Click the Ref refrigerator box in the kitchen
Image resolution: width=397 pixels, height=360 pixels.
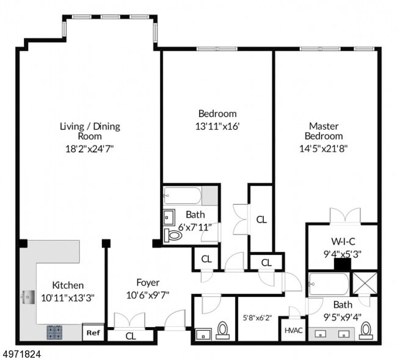93,332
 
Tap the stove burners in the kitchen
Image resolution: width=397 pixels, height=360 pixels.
54,332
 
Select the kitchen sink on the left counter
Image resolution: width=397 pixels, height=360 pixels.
28,298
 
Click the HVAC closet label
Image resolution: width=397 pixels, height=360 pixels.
293,331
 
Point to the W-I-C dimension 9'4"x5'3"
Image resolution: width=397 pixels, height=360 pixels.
343,254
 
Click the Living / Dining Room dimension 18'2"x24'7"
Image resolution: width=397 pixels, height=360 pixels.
90,149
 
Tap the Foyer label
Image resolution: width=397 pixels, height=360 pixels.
148,282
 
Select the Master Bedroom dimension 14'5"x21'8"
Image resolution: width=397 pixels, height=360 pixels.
323,148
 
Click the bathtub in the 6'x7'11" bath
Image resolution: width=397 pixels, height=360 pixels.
182,196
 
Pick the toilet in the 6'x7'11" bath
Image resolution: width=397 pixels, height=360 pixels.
173,235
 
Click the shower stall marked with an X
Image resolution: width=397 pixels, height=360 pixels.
365,283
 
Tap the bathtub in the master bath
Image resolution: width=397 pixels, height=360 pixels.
329,284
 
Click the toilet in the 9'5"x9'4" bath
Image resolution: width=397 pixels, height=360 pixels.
366,331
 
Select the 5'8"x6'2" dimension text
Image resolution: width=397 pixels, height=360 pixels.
257,318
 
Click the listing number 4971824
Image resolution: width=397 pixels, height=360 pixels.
21,354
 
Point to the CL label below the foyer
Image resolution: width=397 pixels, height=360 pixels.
131,336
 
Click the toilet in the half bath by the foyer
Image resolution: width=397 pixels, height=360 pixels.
223,331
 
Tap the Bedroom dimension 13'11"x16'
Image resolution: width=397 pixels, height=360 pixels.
217,126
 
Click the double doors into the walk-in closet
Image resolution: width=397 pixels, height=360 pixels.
345,216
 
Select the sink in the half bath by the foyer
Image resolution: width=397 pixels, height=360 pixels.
203,334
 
